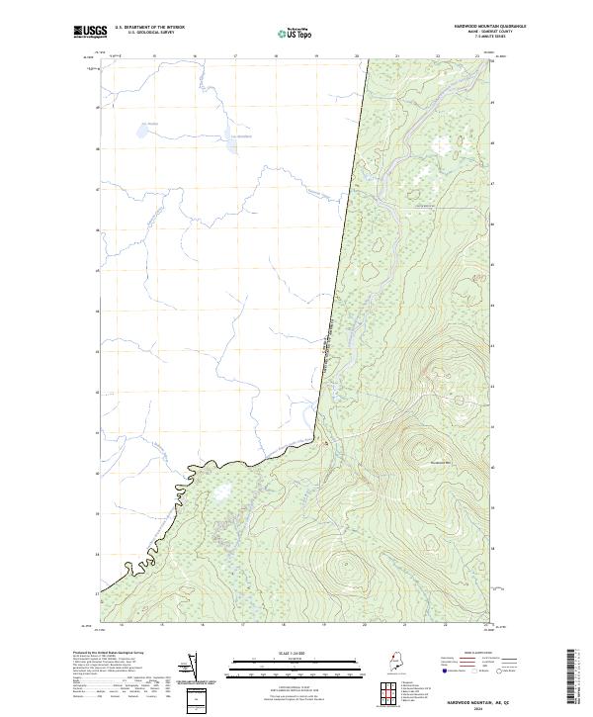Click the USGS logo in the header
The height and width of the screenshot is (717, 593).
tap(89, 32)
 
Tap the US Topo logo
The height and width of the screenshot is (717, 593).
tap(295, 33)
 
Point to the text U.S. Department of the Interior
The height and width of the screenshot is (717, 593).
tap(149, 27)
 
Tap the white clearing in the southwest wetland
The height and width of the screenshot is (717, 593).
tap(219, 492)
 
